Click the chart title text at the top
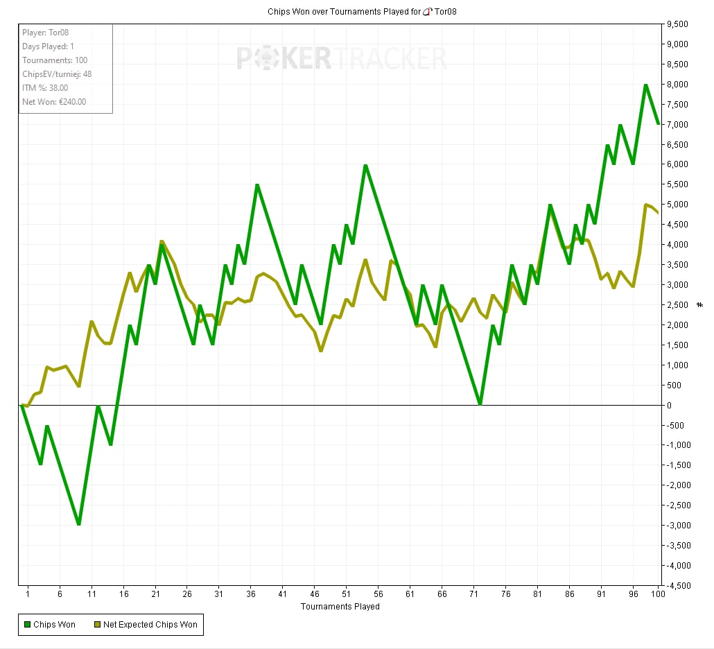(x=362, y=12)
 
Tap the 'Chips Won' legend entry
(x=50, y=625)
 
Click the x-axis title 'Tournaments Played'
(x=340, y=607)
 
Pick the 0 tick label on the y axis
(x=669, y=405)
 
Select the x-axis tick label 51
(x=346, y=594)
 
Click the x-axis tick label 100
(x=658, y=594)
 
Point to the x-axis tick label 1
(x=28, y=594)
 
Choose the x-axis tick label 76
(x=505, y=594)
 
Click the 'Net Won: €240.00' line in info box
(x=54, y=102)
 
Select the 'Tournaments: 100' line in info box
(x=55, y=60)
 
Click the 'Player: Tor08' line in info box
(x=46, y=33)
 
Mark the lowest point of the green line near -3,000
(x=79, y=524)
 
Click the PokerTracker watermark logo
(x=342, y=58)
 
